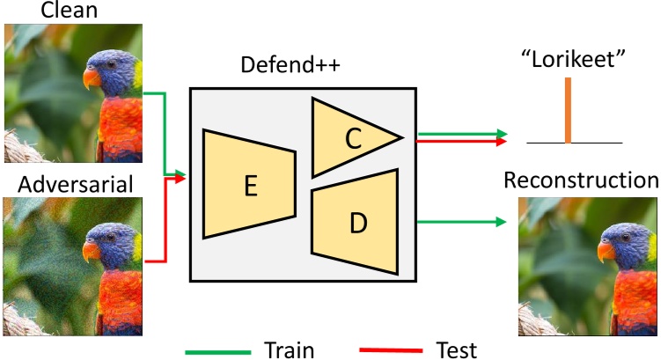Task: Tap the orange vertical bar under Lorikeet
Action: click(569, 110)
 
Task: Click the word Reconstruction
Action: click(581, 180)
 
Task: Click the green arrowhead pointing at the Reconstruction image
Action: click(503, 223)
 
